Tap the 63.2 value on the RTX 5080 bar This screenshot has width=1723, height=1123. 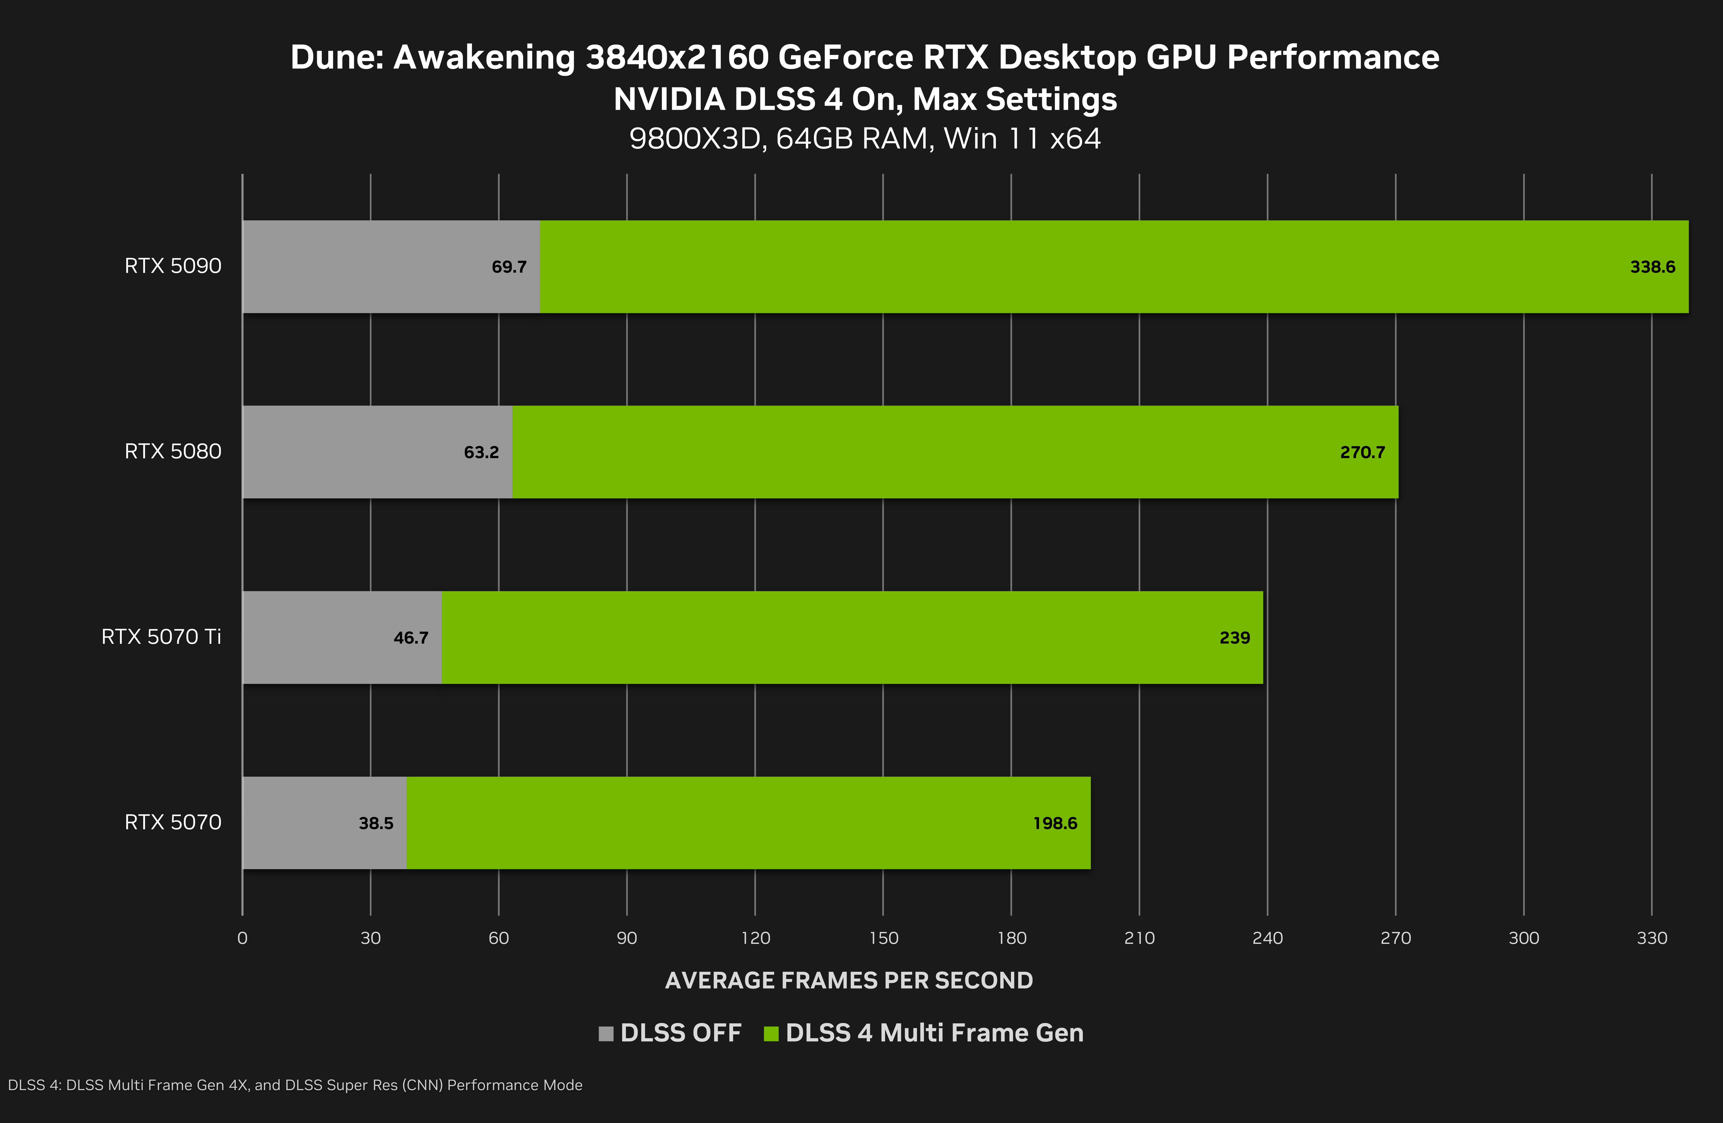coord(482,453)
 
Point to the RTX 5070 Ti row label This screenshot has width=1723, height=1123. coord(161,637)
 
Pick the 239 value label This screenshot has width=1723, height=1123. coord(1234,638)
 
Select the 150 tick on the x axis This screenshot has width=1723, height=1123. coord(883,938)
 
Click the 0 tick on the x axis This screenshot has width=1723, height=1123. coord(242,938)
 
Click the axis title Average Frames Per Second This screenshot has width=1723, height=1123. coord(849,980)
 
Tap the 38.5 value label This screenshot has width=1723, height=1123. coord(376,823)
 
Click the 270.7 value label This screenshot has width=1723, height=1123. coord(1362,453)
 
